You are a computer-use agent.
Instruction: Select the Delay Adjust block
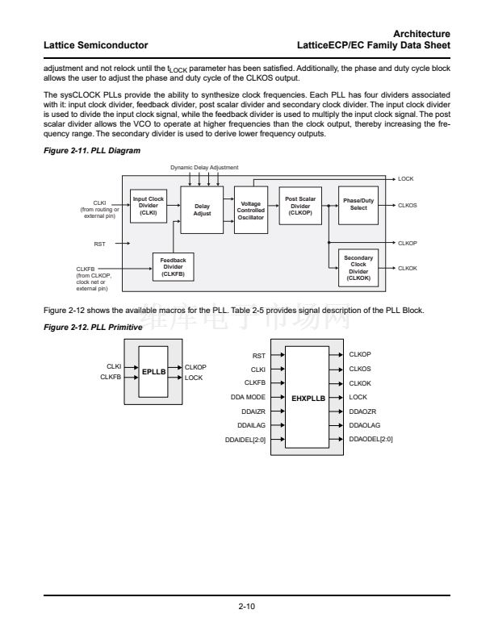pyautogui.click(x=202, y=210)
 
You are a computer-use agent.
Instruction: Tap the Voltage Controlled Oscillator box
pyautogui.click(x=251, y=210)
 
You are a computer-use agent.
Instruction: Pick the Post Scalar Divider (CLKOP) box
pyautogui.click(x=300, y=205)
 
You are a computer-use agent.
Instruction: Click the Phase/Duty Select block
pyautogui.click(x=358, y=205)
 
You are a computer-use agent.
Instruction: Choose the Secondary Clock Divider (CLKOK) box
pyautogui.click(x=358, y=267)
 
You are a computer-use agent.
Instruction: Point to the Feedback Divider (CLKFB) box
pyautogui.click(x=173, y=267)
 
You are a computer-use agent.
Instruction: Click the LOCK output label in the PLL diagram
pyautogui.click(x=406, y=178)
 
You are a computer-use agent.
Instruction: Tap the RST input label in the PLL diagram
pyautogui.click(x=100, y=242)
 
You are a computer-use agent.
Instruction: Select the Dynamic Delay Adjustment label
pyautogui.click(x=204, y=166)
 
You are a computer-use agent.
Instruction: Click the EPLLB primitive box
pyautogui.click(x=153, y=372)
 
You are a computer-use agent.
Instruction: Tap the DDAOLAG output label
pyautogui.click(x=364, y=425)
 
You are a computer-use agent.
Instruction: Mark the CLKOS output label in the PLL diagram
pyautogui.click(x=408, y=205)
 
